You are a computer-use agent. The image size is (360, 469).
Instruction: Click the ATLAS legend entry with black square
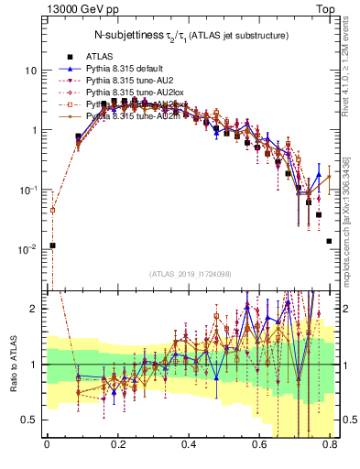point(99,56)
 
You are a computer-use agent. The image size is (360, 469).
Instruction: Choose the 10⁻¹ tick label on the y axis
point(28,189)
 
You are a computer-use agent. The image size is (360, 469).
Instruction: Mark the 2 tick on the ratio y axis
point(35,309)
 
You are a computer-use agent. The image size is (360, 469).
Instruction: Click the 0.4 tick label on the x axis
point(189,448)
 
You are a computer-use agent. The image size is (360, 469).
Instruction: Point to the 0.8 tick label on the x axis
point(331,448)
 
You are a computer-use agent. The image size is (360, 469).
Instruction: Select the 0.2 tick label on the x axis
point(117,448)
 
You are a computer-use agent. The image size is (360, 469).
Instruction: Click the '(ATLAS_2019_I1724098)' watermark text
point(189,273)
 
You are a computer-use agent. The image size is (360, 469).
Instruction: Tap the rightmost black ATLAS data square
point(329,241)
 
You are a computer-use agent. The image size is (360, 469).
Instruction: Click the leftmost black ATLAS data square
point(53,245)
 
